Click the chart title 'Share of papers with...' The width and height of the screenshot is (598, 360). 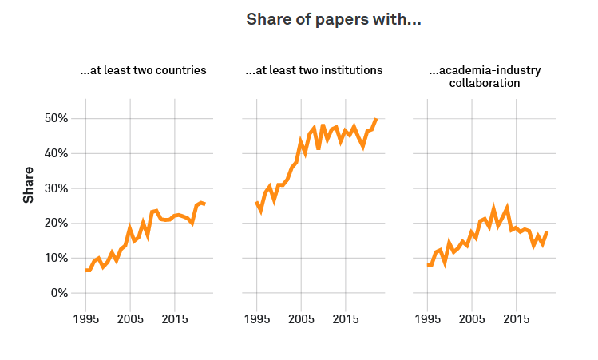(x=333, y=19)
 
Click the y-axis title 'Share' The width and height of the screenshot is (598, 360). (x=29, y=184)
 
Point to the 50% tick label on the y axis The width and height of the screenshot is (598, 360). (x=53, y=119)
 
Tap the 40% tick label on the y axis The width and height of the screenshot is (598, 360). (x=53, y=153)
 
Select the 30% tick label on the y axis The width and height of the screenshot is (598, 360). (x=53, y=188)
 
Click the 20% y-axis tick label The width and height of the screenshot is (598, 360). (x=53, y=224)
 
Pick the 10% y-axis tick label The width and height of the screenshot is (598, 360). (x=53, y=258)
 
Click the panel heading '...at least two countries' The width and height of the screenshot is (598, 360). (x=144, y=70)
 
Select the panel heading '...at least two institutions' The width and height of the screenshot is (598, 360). (x=315, y=70)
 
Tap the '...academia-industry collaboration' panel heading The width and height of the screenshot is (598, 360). (x=485, y=76)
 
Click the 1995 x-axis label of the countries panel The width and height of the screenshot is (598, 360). (x=85, y=319)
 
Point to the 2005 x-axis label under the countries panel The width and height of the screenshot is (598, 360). (x=130, y=319)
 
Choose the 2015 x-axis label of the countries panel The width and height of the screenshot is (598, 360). (x=175, y=319)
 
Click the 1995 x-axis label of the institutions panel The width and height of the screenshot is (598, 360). (x=256, y=319)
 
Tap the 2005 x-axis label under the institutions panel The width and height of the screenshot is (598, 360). (x=301, y=319)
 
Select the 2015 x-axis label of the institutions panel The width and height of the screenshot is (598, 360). (x=346, y=319)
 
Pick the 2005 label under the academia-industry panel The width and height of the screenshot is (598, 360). (x=472, y=319)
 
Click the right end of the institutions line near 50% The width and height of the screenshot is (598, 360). (x=376, y=120)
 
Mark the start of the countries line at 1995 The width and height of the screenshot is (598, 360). (x=85, y=271)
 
